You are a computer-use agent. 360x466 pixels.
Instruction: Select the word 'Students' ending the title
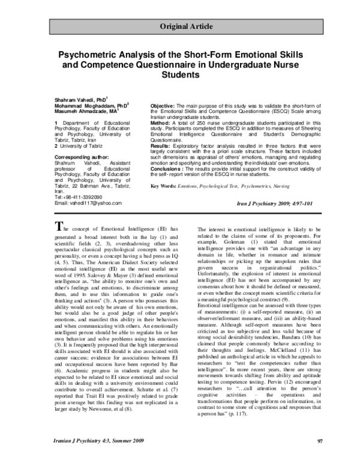point(180,75)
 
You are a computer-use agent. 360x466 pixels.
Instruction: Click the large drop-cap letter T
point(59,226)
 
